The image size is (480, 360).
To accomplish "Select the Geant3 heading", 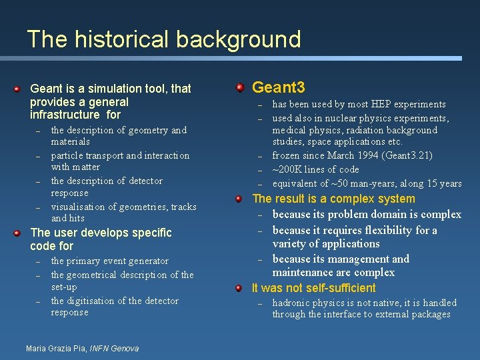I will point(279,87).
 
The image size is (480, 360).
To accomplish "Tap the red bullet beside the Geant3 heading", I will point(240,87).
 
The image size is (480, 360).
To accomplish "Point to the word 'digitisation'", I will point(98,301).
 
